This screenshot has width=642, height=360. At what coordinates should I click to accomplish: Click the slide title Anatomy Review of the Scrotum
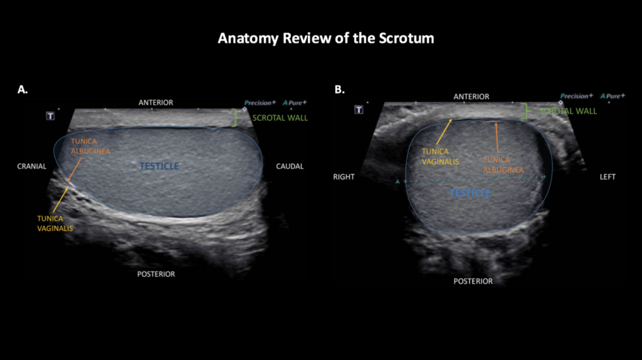pyautogui.click(x=325, y=38)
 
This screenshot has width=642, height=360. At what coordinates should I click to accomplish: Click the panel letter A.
pyautogui.click(x=23, y=90)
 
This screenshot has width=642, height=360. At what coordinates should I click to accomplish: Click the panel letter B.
pyautogui.click(x=339, y=90)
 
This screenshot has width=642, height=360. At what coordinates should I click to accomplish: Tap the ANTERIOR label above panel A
pyautogui.click(x=155, y=102)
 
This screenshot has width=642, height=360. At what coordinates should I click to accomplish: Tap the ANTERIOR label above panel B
pyautogui.click(x=471, y=97)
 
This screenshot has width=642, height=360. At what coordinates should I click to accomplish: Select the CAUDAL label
pyautogui.click(x=290, y=166)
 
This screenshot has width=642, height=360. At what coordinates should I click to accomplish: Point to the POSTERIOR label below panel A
pyautogui.click(x=156, y=274)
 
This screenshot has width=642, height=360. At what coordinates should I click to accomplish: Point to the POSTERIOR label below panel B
pyautogui.click(x=473, y=281)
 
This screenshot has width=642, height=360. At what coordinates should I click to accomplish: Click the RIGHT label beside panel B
pyautogui.click(x=344, y=177)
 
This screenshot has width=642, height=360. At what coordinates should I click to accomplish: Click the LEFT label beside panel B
pyautogui.click(x=608, y=177)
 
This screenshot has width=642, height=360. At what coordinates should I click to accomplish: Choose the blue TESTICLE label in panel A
pyautogui.click(x=159, y=166)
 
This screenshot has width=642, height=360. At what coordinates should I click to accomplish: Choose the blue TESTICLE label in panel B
pyautogui.click(x=470, y=193)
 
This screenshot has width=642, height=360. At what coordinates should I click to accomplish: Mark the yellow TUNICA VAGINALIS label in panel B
pyautogui.click(x=434, y=156)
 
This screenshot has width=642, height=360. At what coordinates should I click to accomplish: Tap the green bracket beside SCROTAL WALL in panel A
pyautogui.click(x=236, y=118)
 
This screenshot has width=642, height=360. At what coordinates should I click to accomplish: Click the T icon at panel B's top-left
pyautogui.click(x=359, y=110)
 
